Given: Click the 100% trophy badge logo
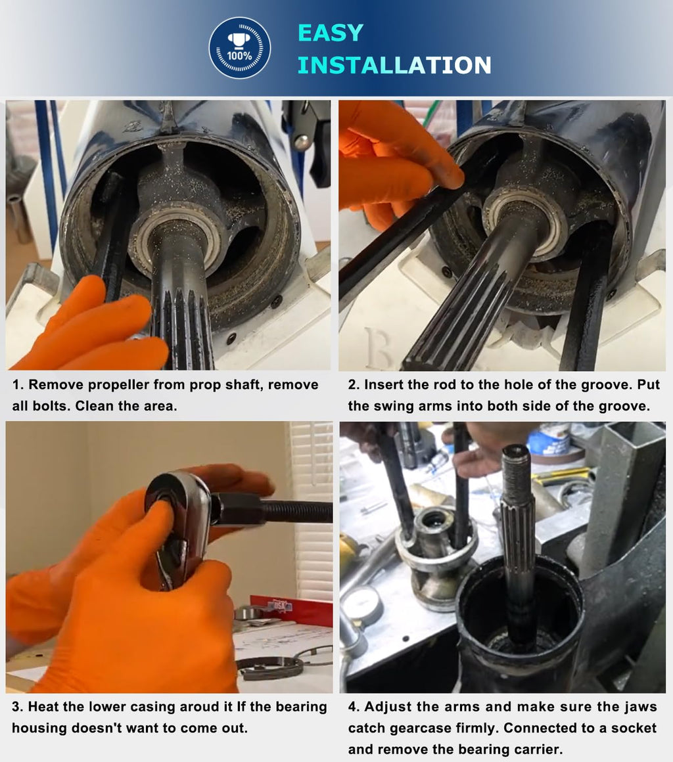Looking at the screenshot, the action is coord(239,48).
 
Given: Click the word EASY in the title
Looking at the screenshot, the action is coord(330,33).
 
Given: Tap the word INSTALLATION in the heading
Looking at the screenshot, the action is coord(394,65).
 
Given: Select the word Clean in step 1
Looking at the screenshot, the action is coord(93,405).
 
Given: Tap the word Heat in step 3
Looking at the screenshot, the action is coord(43,707).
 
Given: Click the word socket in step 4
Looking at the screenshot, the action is coord(634,728).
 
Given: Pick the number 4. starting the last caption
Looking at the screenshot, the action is coord(354,707).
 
